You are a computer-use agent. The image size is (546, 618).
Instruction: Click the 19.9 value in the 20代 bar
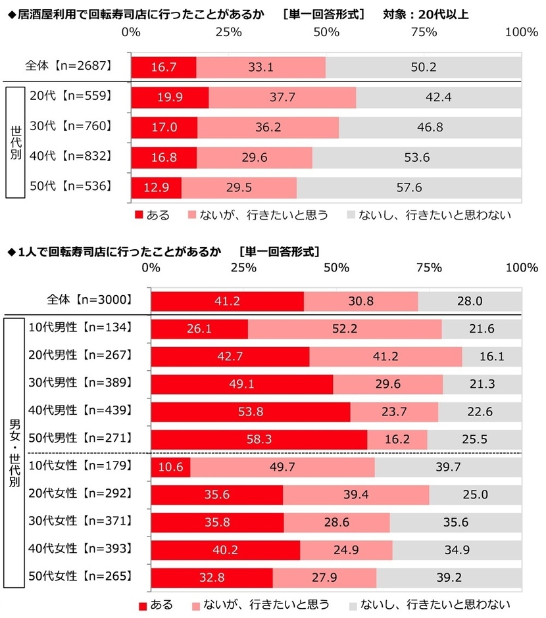pos(170,98)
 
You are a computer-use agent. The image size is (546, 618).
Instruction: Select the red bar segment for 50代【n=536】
pos(157,187)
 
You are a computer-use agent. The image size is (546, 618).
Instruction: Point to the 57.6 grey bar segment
pos(409,187)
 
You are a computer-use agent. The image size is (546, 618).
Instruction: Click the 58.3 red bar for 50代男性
pos(259,439)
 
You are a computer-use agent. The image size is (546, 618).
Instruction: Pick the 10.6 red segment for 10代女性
pos(170,467)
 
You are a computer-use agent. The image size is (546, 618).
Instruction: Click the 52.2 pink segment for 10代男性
pos(345,329)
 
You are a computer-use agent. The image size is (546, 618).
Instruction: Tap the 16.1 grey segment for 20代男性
pos(492,357)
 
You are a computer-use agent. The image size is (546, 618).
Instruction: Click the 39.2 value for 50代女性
pos(449,578)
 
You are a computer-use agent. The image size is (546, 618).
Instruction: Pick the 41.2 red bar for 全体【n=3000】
pos(228,301)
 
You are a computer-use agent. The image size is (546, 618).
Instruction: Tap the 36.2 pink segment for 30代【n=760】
pos(268,127)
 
